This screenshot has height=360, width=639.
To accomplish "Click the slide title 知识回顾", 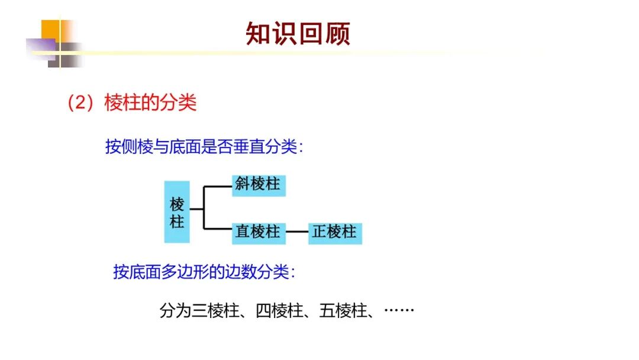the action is click(x=298, y=34).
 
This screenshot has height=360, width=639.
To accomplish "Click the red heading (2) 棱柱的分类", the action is click(x=131, y=103).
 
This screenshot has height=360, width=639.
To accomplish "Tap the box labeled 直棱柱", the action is click(x=259, y=232).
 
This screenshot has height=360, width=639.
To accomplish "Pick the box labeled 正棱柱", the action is click(x=335, y=232).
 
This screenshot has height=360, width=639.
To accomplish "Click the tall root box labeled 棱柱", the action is click(x=177, y=212).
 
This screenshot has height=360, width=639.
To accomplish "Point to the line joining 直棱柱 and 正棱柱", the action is click(x=298, y=232).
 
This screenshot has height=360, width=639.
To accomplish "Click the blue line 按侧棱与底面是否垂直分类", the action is click(x=204, y=146).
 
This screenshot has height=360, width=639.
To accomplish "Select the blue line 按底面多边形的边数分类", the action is click(x=204, y=272).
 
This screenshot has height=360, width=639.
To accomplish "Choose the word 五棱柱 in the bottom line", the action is click(x=343, y=310).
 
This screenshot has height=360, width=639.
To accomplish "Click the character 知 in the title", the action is click(x=259, y=34).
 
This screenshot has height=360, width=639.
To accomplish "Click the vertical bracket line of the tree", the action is click(x=204, y=208).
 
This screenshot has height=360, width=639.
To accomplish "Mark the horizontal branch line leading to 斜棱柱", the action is click(x=217, y=187).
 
